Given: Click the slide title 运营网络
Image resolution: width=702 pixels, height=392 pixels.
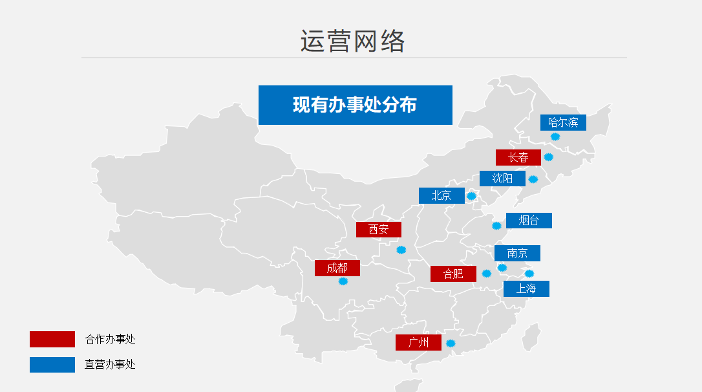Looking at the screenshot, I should (352, 41).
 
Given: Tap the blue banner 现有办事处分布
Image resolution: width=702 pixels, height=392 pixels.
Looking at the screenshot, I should (355, 105).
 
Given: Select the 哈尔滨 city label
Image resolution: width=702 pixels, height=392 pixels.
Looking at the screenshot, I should (563, 122).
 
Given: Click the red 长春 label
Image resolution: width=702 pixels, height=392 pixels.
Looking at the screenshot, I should (518, 157).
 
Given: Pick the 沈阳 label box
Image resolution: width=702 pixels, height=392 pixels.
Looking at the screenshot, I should (502, 179).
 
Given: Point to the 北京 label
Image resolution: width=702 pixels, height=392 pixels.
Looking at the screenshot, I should (441, 195).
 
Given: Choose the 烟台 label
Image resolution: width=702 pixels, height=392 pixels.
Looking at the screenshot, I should (529, 221).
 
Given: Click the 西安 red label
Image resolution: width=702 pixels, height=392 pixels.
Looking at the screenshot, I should (379, 230).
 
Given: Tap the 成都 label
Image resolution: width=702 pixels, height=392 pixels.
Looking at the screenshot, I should (337, 268).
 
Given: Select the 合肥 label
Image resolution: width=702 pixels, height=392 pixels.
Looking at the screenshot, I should (453, 274).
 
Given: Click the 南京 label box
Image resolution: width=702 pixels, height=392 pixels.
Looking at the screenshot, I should (517, 253).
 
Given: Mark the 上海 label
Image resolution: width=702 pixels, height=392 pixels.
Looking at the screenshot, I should (526, 289).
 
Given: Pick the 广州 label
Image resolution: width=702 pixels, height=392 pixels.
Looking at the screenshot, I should (418, 343).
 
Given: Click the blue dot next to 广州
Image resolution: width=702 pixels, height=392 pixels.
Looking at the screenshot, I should (451, 343).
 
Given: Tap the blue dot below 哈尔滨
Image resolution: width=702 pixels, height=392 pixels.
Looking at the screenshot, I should (555, 136).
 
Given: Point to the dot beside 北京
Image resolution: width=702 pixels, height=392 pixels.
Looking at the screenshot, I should (471, 196).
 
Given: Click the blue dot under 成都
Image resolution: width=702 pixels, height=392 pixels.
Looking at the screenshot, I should (343, 281).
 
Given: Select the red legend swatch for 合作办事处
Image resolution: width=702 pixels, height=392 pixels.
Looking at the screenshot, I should (52, 339).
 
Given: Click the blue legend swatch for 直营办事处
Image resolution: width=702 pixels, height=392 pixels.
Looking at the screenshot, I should (52, 365).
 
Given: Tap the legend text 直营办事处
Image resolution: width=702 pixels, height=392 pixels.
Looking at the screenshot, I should (110, 365).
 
